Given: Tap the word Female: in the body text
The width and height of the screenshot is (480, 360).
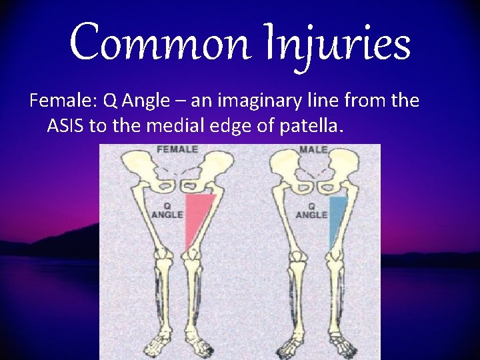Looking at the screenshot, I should tap(63, 101).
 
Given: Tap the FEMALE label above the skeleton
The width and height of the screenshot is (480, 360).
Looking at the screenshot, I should tap(177, 149).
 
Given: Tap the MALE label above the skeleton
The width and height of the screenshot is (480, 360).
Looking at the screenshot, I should tap(313, 149).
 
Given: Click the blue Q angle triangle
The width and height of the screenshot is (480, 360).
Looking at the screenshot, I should tap(337, 217).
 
